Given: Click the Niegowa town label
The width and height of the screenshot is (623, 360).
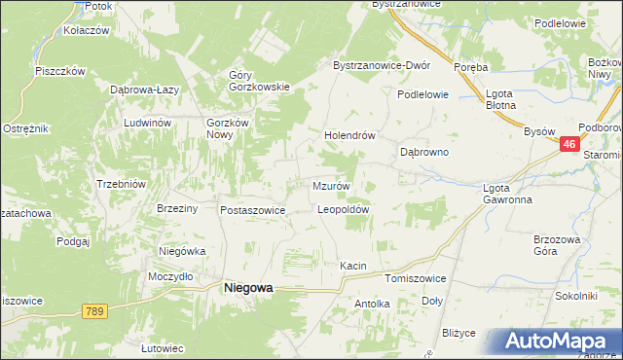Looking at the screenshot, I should [x=248, y=288].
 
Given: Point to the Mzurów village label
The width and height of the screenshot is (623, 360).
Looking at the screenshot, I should [x=331, y=186].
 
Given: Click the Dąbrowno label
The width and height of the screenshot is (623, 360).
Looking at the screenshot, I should [x=424, y=153].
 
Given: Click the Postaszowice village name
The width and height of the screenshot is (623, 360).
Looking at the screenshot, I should [x=252, y=210].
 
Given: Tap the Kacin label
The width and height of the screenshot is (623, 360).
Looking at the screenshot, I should [x=352, y=266].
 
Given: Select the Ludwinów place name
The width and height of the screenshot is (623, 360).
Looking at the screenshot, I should [x=147, y=124].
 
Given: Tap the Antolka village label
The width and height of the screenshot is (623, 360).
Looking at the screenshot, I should [x=372, y=304].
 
